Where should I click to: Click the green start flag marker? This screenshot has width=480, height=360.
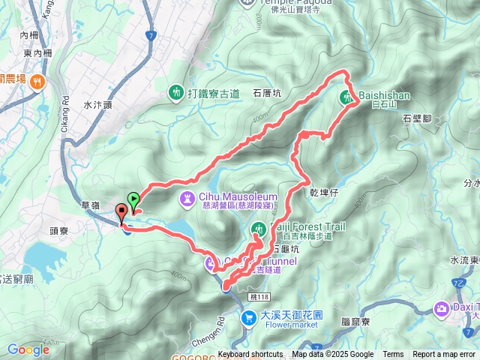click(x=133, y=199)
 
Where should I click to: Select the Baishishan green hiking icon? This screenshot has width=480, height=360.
click(x=347, y=97)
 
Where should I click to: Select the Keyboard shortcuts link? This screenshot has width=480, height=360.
click(x=250, y=355)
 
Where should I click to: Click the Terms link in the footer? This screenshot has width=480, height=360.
click(x=393, y=355)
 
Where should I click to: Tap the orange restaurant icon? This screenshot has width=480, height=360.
click(x=37, y=81)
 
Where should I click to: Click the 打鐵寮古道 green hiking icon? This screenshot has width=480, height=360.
click(x=175, y=92)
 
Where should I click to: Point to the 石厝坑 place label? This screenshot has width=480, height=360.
click(x=267, y=94)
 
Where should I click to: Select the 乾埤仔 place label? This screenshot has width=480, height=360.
click(x=325, y=192)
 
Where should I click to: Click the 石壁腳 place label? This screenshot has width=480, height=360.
click(x=418, y=118)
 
